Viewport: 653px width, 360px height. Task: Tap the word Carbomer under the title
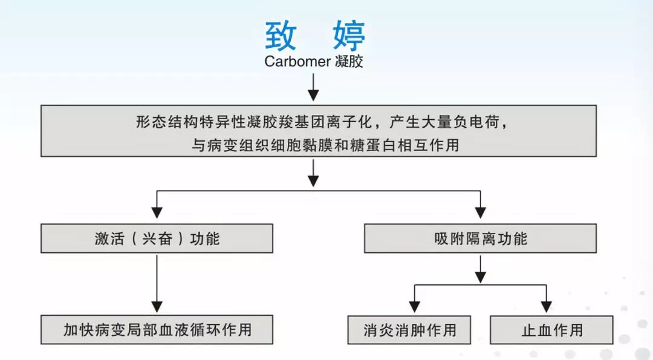(297, 62)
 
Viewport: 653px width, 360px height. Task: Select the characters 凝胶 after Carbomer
(349, 62)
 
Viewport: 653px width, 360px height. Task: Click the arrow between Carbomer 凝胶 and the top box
(313, 87)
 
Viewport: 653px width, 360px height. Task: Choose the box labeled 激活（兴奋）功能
(157, 238)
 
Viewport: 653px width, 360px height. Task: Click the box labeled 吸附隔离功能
(480, 238)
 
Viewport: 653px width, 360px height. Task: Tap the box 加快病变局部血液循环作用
(157, 330)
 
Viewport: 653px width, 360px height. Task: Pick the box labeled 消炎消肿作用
(410, 330)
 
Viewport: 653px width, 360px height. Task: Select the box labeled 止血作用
(551, 330)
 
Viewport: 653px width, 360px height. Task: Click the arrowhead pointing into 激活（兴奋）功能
(157, 212)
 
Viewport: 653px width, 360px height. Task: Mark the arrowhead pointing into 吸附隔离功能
(480, 212)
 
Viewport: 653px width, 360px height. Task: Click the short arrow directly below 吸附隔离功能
(480, 269)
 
